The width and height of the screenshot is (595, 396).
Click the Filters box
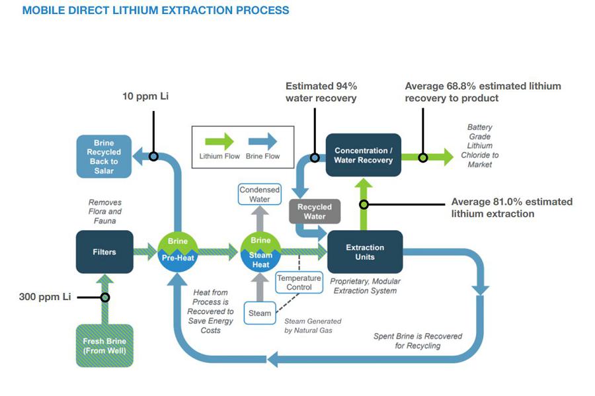(x=104, y=252)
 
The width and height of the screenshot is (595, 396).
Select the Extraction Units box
(x=365, y=252)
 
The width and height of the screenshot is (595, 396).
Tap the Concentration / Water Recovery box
(x=363, y=155)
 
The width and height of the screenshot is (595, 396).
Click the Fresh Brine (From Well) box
(x=104, y=345)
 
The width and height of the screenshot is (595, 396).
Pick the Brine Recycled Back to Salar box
(x=104, y=157)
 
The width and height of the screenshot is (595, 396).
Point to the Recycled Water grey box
(x=315, y=212)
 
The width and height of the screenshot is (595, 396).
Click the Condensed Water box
(x=259, y=194)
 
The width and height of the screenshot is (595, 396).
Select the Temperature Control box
(x=299, y=282)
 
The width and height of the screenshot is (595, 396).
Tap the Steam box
(x=260, y=313)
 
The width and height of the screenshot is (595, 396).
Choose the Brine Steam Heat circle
(x=260, y=252)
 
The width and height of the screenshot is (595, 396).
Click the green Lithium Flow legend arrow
(x=219, y=141)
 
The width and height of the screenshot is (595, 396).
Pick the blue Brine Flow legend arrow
(x=262, y=141)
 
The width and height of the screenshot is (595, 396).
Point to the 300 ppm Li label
(x=45, y=297)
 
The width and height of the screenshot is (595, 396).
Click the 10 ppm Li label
(x=145, y=97)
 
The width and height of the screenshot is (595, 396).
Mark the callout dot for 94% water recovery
(x=315, y=158)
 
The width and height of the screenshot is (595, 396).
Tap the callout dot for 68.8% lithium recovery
(x=423, y=157)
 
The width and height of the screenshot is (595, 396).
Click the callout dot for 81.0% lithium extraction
(x=363, y=205)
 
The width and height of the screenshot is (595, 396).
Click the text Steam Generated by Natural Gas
(x=313, y=325)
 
